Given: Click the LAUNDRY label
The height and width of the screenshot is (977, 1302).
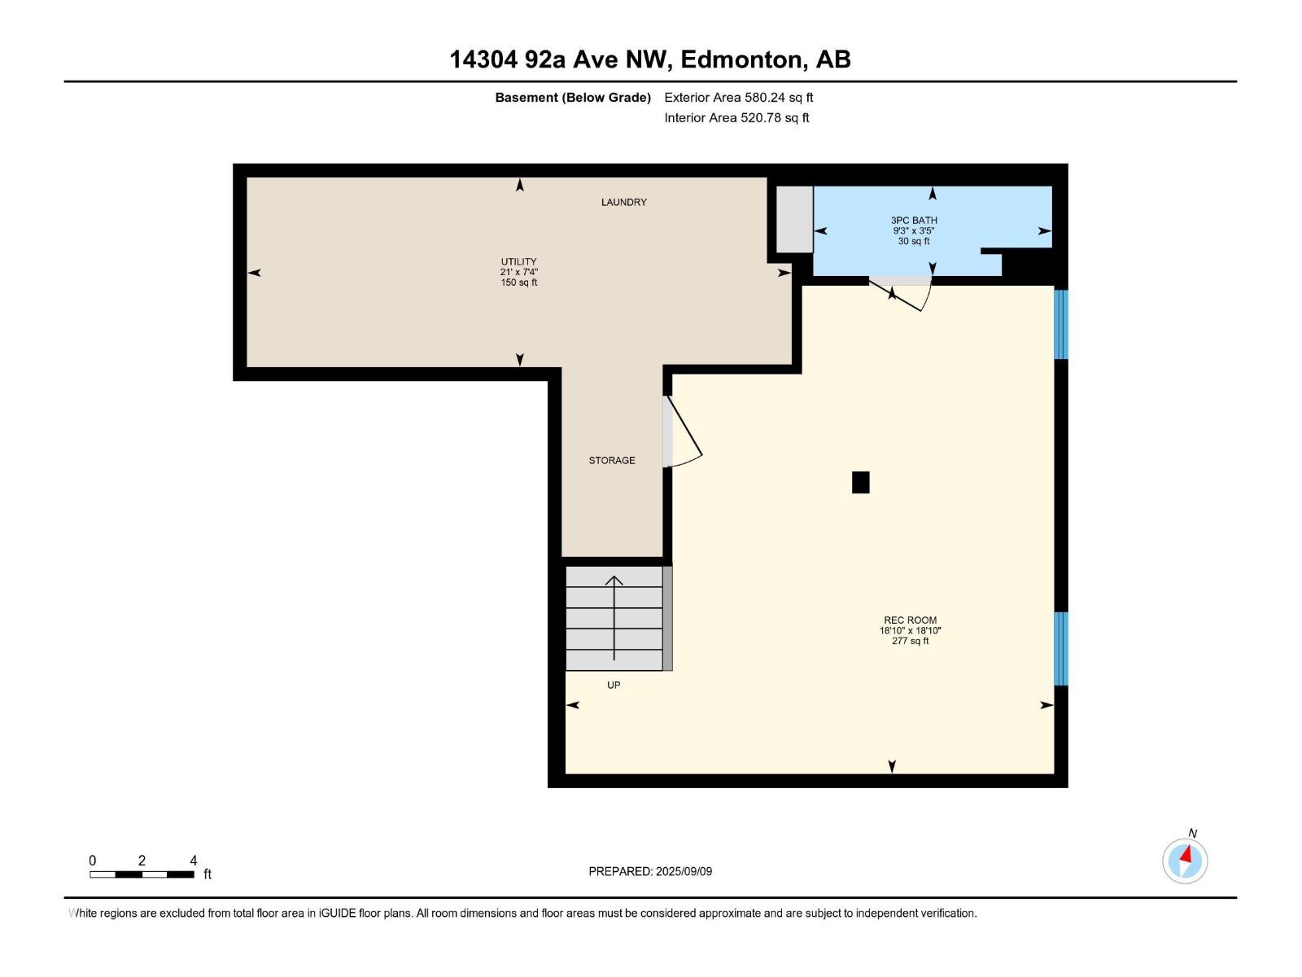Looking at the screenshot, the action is pos(623,202).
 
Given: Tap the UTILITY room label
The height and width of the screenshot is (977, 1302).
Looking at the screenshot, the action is pos(518,261).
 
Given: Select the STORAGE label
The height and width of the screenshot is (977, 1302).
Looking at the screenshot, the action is pos(612,460).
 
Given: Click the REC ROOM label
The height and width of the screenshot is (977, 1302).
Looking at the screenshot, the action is pos(910,620).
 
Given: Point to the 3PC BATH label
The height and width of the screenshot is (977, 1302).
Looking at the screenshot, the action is pos(914,220).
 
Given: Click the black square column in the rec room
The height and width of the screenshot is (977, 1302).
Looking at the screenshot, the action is pos(860,482).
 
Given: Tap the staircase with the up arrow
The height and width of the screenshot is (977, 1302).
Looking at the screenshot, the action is pos(614,618).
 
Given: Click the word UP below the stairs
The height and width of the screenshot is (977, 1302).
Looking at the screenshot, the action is pos(614,686).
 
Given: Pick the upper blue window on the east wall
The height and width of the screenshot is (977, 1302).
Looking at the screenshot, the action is pos(1060,325).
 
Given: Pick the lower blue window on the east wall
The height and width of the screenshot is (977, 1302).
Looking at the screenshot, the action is pos(1060,648).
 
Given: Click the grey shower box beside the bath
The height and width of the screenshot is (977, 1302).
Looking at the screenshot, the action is pos(794,220).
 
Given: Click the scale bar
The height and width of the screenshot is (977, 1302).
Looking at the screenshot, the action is pos(142,874).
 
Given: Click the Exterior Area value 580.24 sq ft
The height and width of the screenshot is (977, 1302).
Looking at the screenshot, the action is pos(779,97).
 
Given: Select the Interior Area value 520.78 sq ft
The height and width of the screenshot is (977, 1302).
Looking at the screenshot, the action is pos(775,117).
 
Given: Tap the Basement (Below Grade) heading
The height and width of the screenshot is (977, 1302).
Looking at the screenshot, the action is pos(573,97).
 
